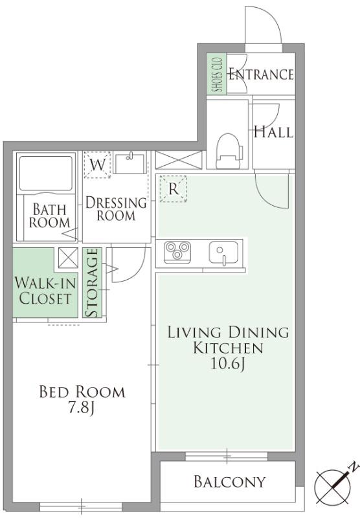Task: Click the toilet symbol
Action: tap(228, 151)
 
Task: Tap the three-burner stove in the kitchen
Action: tap(177, 253)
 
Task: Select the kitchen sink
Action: tap(223, 253)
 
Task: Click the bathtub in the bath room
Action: tap(46, 173)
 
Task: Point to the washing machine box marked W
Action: tap(97, 164)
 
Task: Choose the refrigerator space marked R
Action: tap(174, 188)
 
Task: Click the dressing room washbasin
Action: tap(129, 163)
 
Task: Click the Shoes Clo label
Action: tap(218, 74)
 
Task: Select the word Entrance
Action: tap(261, 74)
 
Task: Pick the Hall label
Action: tap(273, 132)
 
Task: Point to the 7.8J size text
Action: tap(82, 408)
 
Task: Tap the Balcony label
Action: tap(230, 482)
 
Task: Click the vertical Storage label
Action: tap(92, 283)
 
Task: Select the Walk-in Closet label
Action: tap(45, 291)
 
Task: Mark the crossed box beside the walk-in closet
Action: tap(68, 258)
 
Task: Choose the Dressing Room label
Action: tap(116, 208)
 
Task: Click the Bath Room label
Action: tap(50, 216)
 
